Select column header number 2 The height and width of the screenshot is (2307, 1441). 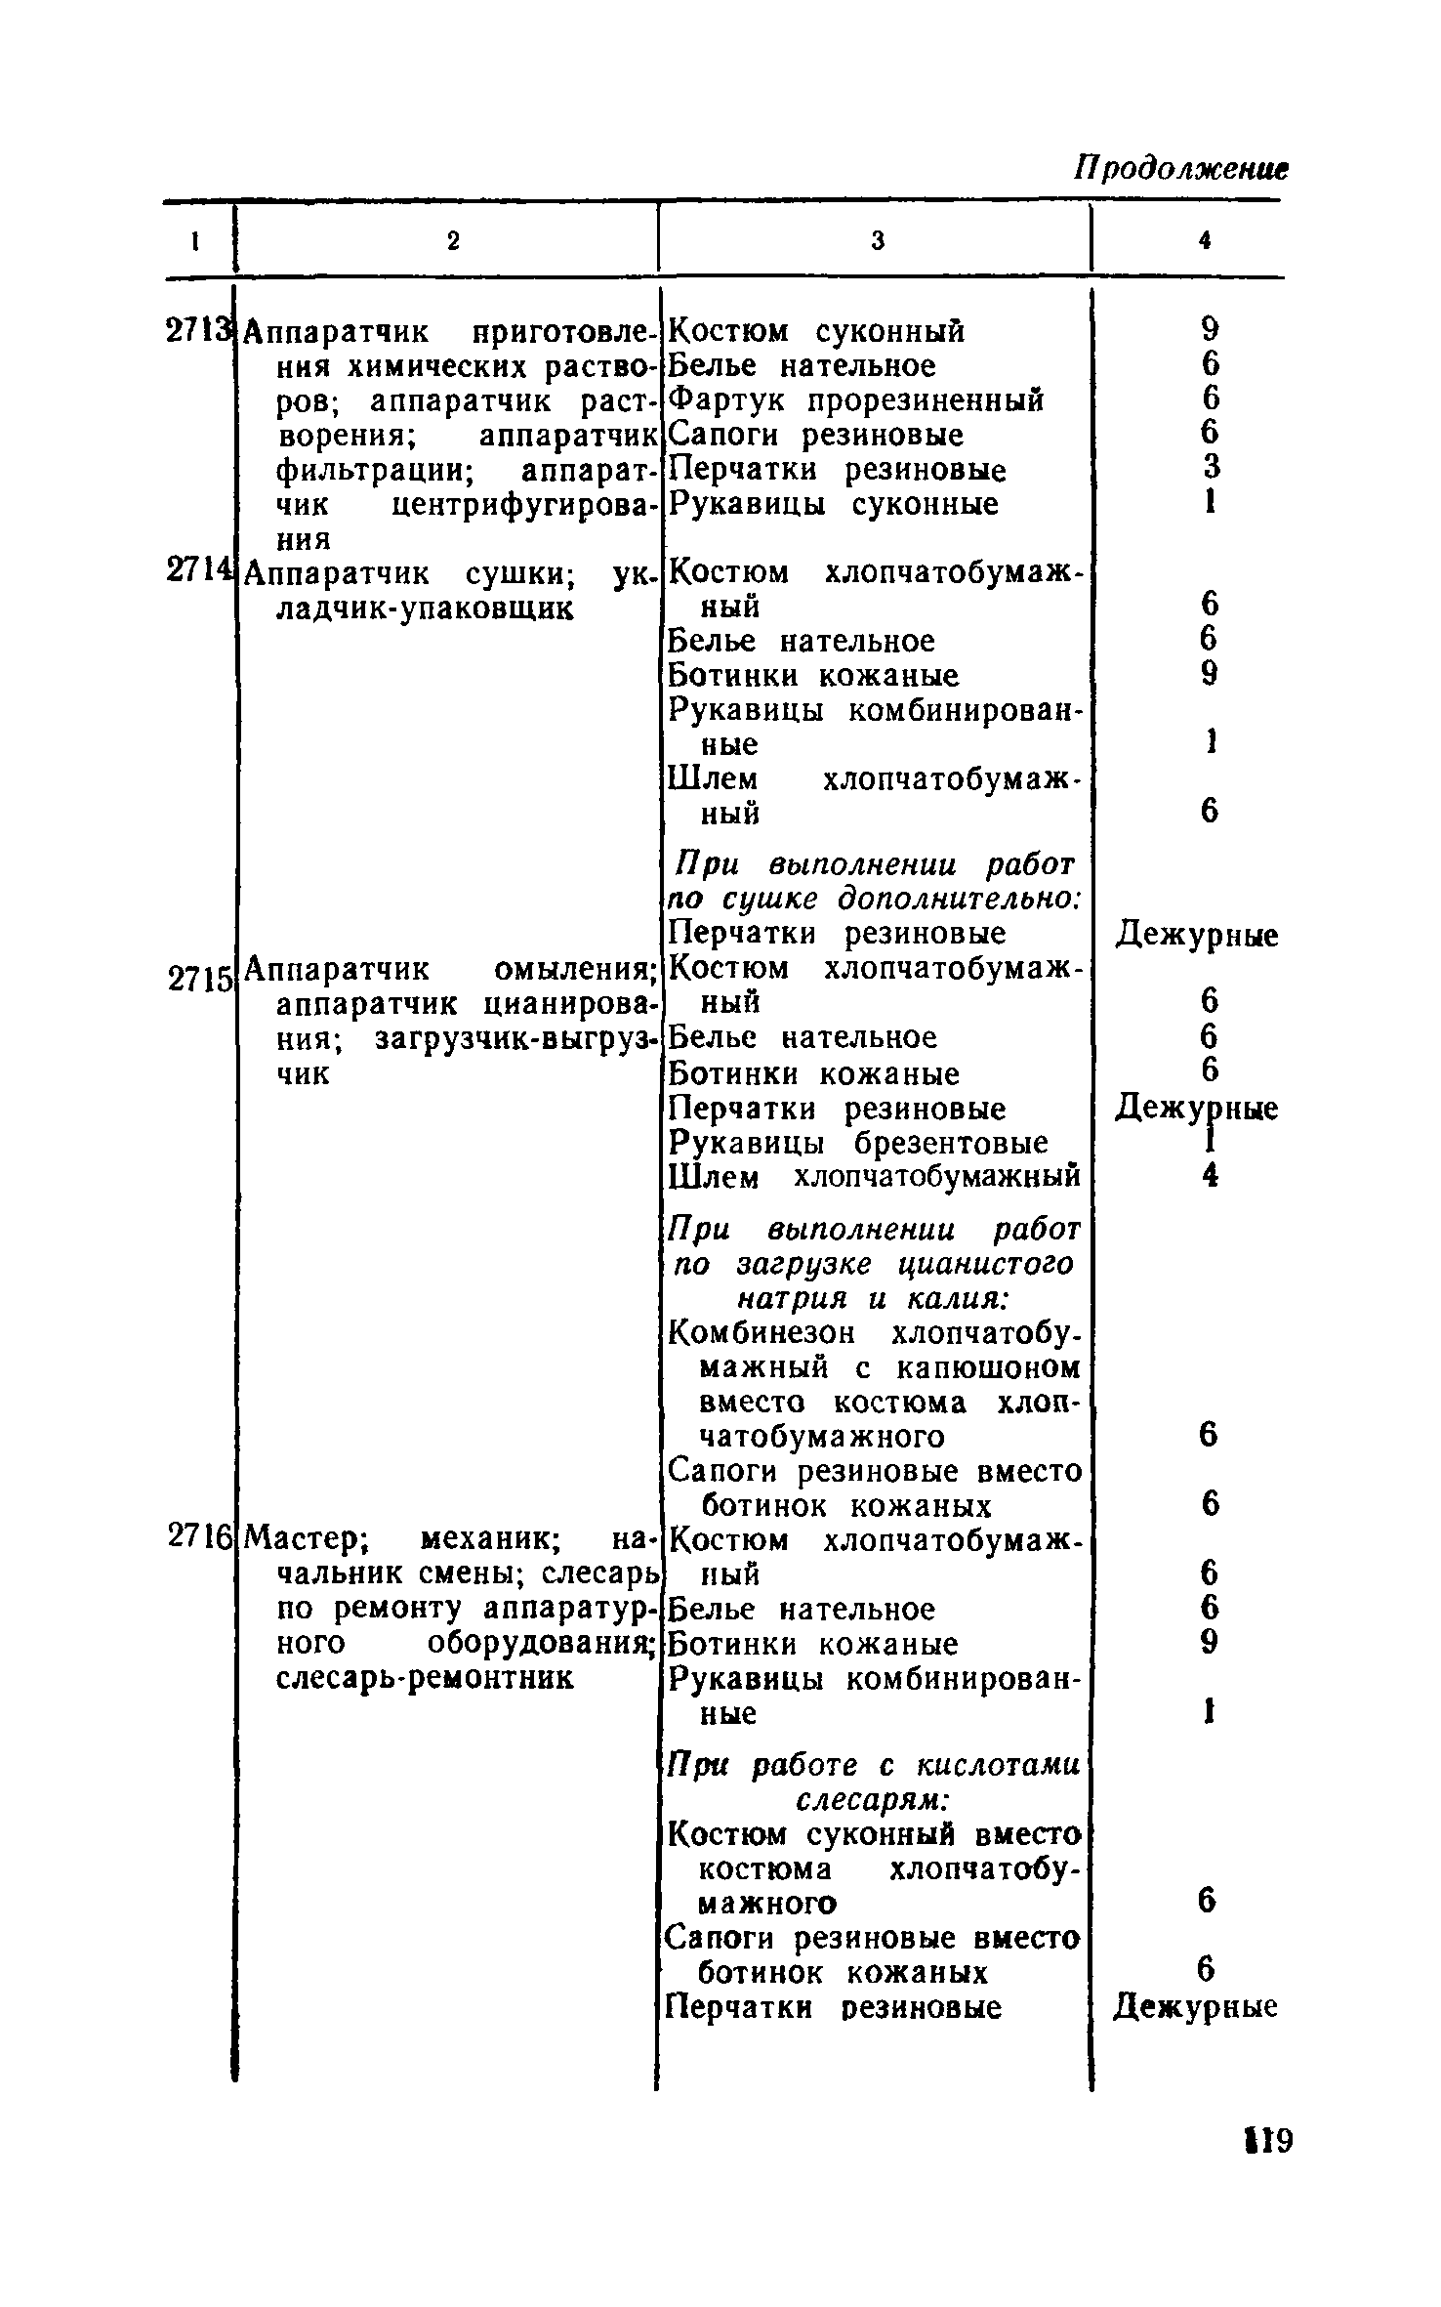[x=452, y=241]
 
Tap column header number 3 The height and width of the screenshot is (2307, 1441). [x=877, y=241]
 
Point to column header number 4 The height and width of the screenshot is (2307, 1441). [x=1206, y=241]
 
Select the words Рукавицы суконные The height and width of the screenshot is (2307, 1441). [x=834, y=505]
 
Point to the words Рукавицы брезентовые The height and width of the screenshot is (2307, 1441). [x=858, y=1143]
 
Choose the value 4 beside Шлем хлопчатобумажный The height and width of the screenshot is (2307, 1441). [x=1211, y=1177]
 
